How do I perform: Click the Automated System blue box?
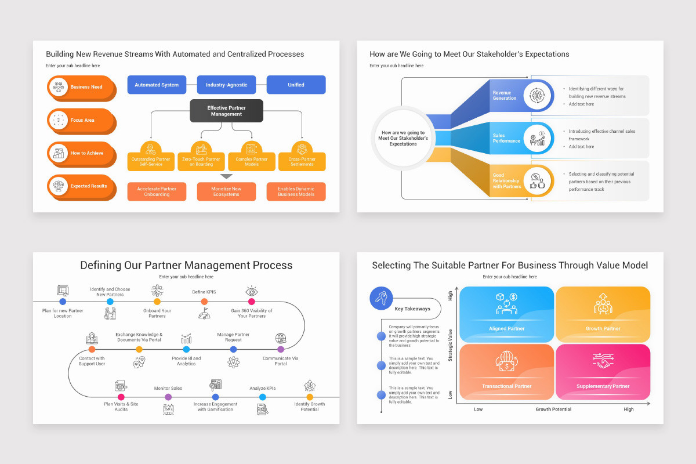(x=157, y=85)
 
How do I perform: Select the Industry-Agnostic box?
(x=226, y=85)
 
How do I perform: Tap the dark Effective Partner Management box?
(x=226, y=111)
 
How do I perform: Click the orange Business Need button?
(x=81, y=87)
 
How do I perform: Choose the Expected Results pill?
(x=81, y=186)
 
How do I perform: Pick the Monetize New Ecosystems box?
(x=226, y=191)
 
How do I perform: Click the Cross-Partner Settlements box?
(x=302, y=161)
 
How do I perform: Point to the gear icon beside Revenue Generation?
(x=537, y=95)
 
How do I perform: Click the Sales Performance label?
(x=506, y=138)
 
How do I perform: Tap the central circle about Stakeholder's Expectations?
(x=403, y=138)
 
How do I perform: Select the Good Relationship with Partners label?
(x=507, y=181)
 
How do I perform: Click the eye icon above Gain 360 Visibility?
(x=251, y=291)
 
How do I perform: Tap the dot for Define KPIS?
(x=204, y=302)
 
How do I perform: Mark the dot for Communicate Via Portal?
(x=281, y=349)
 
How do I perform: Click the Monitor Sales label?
(x=168, y=388)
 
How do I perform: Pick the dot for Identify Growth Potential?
(x=310, y=397)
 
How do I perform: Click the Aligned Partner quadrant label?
(x=506, y=328)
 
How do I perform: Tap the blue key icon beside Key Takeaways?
(x=380, y=299)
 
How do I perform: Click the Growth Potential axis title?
(x=553, y=409)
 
